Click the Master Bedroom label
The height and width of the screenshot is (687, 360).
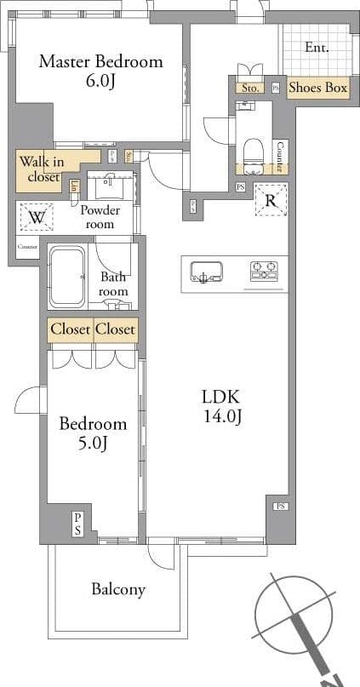pos(100,61)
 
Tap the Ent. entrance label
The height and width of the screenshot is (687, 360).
pos(317,48)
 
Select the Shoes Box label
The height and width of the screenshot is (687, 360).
pos(317,88)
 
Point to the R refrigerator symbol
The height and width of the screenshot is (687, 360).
pos(271,201)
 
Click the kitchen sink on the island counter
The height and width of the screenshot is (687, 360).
pos(207,272)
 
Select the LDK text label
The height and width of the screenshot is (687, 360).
pos(221,397)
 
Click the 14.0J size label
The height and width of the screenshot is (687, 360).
pos(222,416)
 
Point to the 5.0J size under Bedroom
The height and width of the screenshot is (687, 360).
pos(92,443)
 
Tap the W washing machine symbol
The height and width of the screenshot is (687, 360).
pos(36,218)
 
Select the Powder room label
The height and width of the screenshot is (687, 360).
pos(100,217)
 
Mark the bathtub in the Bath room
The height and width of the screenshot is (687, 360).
pos(67,277)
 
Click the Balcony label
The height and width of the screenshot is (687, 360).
pos(118,589)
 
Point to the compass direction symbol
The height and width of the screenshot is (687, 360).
pos(298,617)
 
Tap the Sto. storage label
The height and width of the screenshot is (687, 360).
pos(250,88)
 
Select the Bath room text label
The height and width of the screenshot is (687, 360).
pos(113,284)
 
